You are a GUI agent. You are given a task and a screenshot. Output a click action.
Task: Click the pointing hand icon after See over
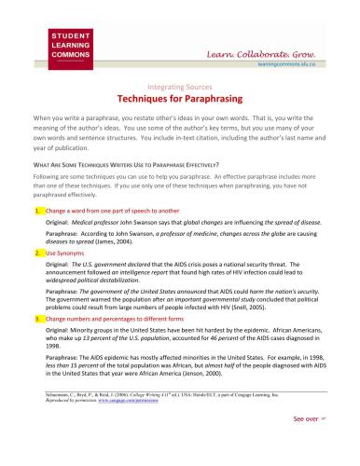[x=325, y=446]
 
